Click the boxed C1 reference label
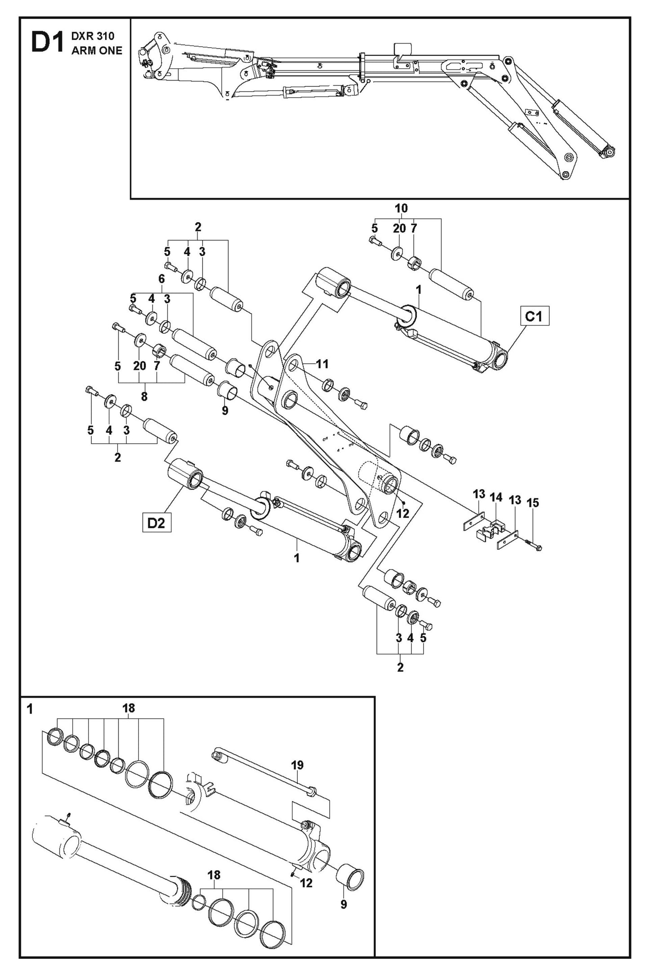(534, 316)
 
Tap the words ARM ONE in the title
(97, 51)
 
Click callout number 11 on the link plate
(322, 364)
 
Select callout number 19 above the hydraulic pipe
(297, 765)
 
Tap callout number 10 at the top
(401, 208)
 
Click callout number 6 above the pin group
(161, 279)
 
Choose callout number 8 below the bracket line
(143, 397)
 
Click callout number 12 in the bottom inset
(306, 883)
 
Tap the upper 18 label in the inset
(128, 708)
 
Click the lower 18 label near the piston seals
(214, 875)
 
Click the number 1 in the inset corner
(30, 710)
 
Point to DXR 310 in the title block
(93, 36)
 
